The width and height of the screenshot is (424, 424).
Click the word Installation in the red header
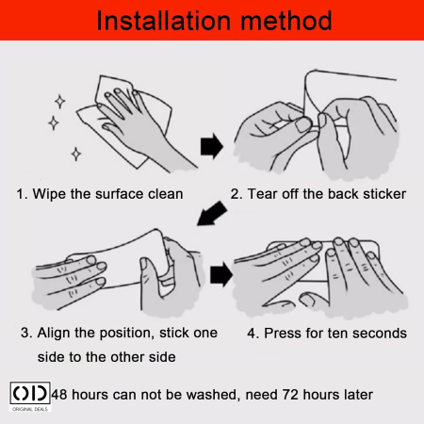click(x=163, y=21)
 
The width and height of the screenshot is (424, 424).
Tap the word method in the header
click(x=286, y=21)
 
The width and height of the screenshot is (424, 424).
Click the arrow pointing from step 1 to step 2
click(x=212, y=146)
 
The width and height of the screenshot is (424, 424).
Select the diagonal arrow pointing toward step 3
click(x=212, y=213)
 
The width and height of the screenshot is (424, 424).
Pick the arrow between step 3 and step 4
click(x=221, y=274)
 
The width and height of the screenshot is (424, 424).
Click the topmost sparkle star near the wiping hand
click(x=59, y=102)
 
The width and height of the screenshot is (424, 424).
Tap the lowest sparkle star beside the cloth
click(x=76, y=154)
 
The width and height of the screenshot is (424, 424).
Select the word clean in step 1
click(x=166, y=194)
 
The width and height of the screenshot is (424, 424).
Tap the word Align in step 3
click(x=54, y=333)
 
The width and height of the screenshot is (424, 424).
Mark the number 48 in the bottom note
click(x=59, y=395)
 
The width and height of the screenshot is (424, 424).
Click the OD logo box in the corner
click(x=30, y=393)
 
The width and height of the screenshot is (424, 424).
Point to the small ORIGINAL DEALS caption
click(x=30, y=409)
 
